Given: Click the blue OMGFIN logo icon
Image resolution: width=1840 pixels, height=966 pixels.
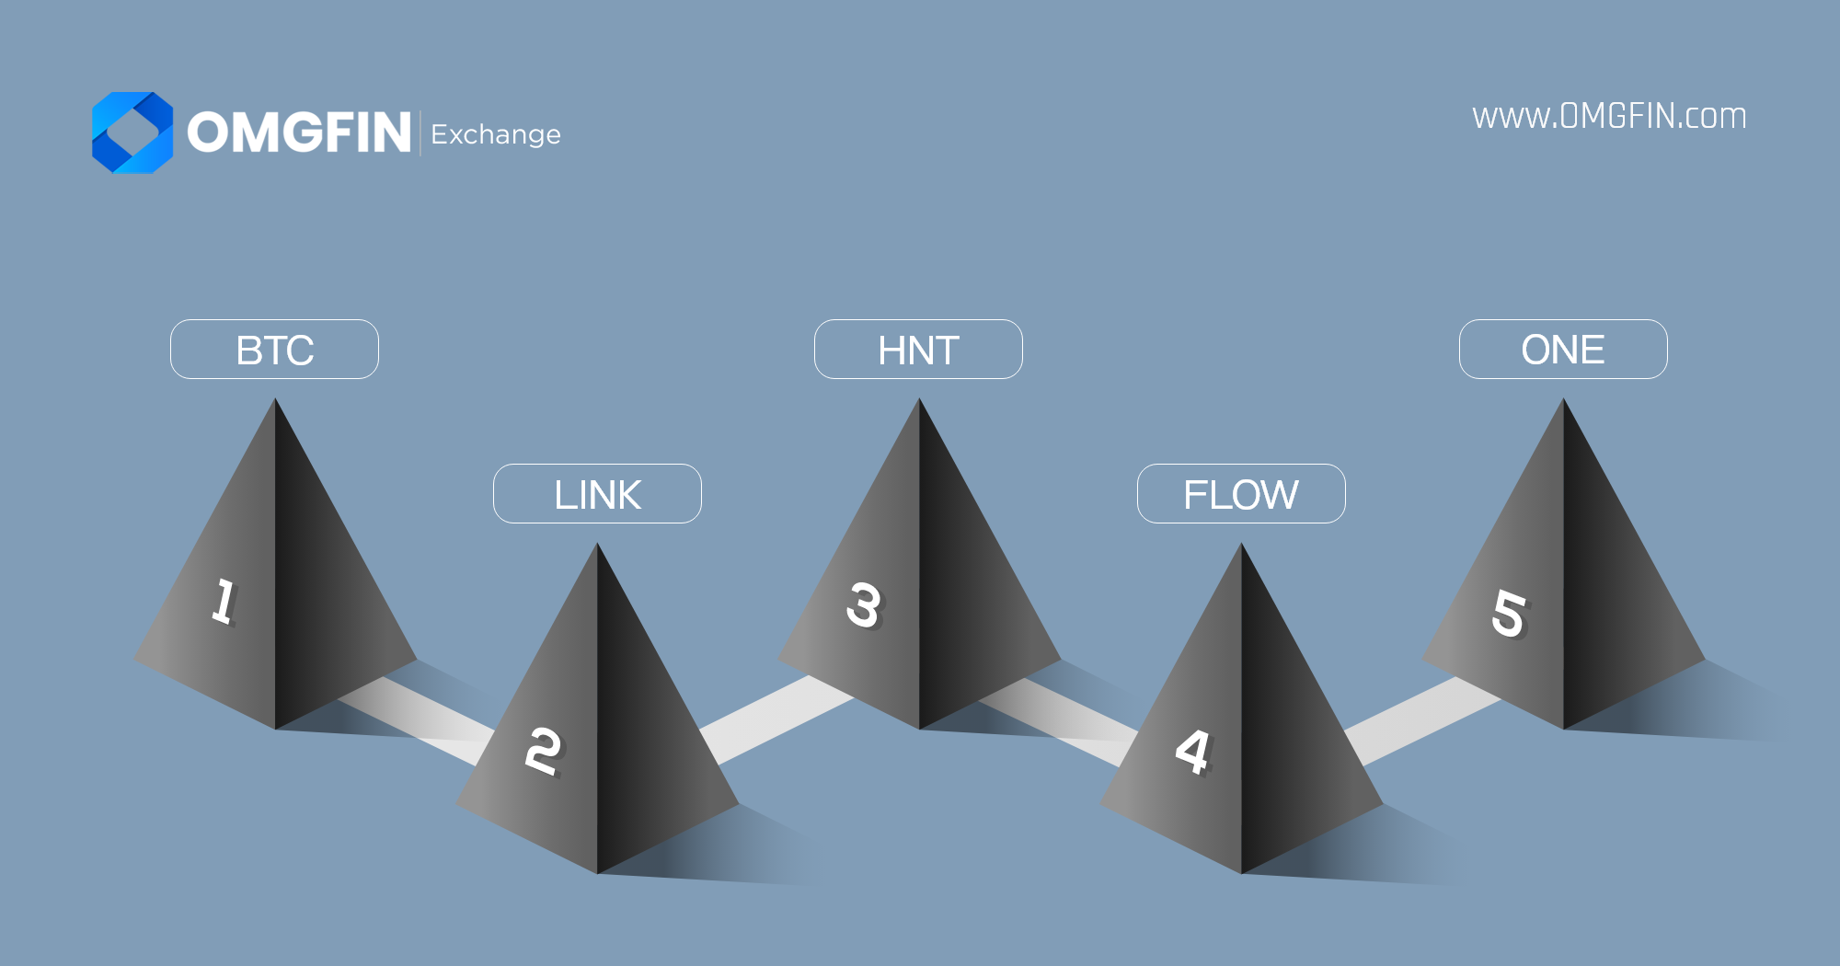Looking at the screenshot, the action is [x=132, y=132].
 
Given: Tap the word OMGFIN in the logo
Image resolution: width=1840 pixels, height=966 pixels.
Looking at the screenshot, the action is [x=299, y=132].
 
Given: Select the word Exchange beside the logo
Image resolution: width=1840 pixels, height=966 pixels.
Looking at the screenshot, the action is [x=496, y=134].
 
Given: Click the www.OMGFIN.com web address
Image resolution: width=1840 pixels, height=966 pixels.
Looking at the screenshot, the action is [x=1609, y=117].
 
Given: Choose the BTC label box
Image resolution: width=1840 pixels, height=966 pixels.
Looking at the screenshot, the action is [x=274, y=350].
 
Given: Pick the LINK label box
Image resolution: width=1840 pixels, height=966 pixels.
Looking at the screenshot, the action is [x=597, y=494].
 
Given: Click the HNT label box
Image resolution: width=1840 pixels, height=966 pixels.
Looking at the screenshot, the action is [x=918, y=350].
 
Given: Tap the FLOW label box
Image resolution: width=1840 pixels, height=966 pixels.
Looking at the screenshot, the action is [x=1241, y=494].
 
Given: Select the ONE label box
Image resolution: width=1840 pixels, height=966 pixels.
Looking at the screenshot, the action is [x=1563, y=350].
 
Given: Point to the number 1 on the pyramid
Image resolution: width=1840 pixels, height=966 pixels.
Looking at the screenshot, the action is [x=224, y=602].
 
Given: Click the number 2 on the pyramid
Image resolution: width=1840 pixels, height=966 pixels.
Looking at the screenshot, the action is [x=543, y=751].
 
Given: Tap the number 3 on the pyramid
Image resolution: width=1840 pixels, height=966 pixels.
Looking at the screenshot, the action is [x=864, y=605].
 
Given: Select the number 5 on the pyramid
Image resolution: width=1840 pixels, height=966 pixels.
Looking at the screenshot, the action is [x=1509, y=613].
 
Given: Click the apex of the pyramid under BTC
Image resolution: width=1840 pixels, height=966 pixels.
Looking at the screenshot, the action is [x=275, y=401].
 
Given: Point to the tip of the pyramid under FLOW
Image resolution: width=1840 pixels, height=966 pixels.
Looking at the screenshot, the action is [x=1242, y=546].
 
